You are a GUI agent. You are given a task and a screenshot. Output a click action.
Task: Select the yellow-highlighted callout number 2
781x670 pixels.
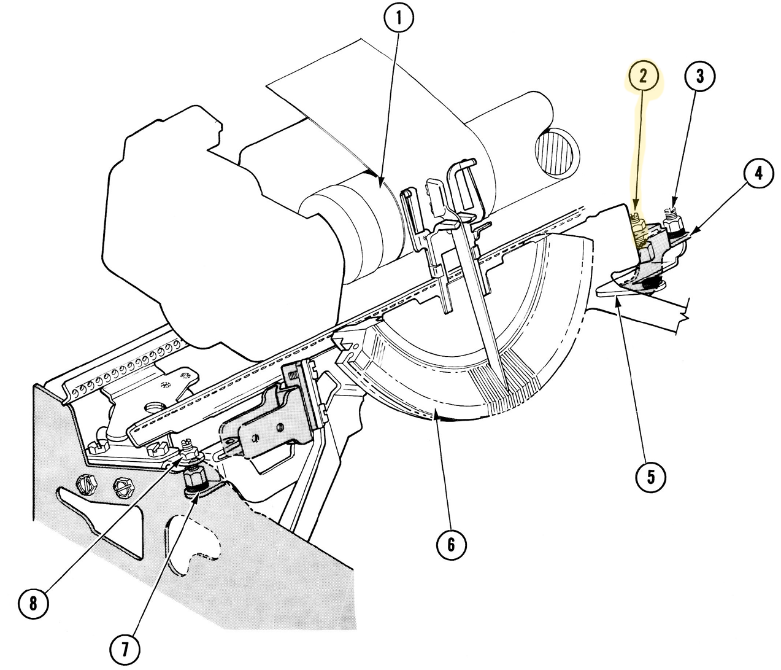642,76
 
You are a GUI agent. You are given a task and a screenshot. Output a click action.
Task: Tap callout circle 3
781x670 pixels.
701,76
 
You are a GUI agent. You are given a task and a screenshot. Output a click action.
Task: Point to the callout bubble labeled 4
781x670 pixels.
758,174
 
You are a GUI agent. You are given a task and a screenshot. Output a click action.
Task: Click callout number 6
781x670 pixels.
452,544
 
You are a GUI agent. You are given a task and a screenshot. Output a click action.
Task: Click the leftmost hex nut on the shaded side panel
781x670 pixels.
86,484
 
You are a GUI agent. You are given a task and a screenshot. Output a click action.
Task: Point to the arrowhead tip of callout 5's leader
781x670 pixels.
616,300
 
